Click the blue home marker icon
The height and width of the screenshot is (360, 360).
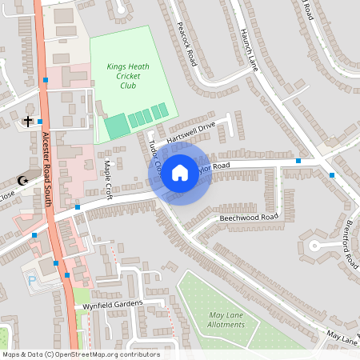pos(180,173)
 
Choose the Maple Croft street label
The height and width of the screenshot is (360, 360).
pos(107,180)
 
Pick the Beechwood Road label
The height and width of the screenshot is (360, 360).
pos(248,218)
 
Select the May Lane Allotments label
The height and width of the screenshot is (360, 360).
pos(225,320)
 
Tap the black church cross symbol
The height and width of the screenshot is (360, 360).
pos(28,122)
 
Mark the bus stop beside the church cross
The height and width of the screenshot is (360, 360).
pos(40,122)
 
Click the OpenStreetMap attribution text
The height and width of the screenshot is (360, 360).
pos(80,354)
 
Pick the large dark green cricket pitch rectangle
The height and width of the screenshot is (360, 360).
pos(117,126)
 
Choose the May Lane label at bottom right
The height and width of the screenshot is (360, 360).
pos(342,339)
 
